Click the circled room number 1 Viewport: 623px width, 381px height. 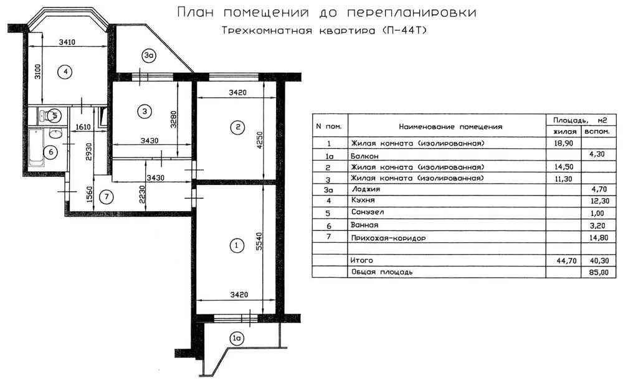point(235,246)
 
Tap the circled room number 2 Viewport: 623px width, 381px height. point(236,128)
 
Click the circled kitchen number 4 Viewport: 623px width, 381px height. point(65,72)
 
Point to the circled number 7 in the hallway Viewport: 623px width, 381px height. point(107,197)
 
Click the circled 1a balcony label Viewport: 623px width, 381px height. point(236,339)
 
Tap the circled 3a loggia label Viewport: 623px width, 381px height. point(148,56)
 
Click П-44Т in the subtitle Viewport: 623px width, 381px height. point(406,31)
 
